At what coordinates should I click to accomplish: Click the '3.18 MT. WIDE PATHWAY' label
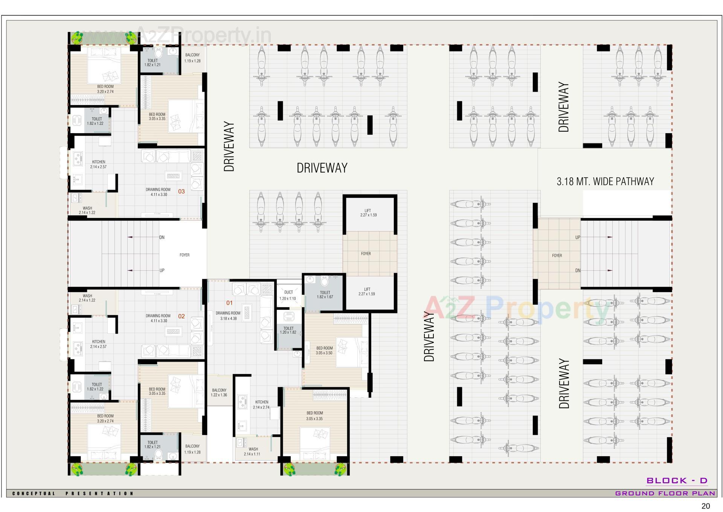coord(605,181)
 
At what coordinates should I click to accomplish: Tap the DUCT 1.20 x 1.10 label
coord(288,295)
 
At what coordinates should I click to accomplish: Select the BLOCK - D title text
coord(677,480)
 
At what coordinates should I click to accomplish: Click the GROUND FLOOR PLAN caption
coord(665,493)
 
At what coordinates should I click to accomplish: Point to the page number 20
coord(705,506)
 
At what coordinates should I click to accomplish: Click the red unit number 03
coord(182,192)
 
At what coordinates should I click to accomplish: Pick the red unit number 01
coord(229,303)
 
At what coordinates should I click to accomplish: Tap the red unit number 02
coord(182,316)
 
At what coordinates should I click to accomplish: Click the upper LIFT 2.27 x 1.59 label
coord(368,213)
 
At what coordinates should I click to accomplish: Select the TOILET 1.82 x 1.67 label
coord(325,294)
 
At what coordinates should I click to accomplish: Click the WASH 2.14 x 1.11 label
coord(253,451)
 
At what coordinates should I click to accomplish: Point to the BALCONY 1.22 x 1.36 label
coord(219,392)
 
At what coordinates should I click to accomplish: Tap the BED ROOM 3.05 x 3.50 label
coord(324,351)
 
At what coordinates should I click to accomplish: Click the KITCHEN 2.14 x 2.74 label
coord(261,405)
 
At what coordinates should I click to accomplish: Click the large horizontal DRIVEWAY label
coord(322,168)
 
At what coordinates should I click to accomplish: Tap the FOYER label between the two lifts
coord(366,254)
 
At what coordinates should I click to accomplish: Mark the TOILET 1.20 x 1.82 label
coord(288,330)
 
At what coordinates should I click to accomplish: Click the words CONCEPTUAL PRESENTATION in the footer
coord(73,493)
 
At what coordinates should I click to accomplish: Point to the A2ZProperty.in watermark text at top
coord(203,35)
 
